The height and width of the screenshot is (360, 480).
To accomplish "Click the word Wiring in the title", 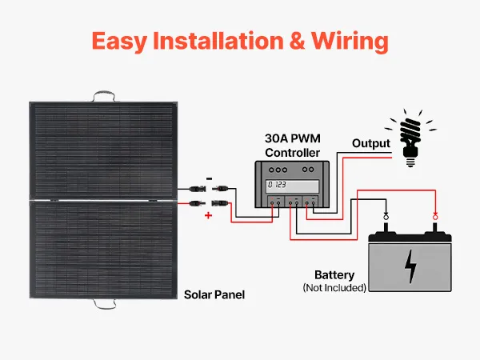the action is click(350, 42).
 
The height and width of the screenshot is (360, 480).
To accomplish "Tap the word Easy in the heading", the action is click(119, 42).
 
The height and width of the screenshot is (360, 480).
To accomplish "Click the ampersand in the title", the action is click(297, 41).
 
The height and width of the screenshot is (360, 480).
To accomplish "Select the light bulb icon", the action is click(410, 138).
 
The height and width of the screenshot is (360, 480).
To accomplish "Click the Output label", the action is click(371, 143).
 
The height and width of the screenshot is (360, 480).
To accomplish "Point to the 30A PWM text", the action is click(293, 138).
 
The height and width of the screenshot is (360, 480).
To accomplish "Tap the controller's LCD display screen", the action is click(292, 186).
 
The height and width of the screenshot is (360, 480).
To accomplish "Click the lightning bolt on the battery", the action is click(410, 266).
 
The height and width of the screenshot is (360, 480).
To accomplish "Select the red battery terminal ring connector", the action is click(435, 217).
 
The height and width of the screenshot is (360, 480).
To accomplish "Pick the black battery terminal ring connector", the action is click(386, 217).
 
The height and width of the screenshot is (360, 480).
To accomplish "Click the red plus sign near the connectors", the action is click(208, 215).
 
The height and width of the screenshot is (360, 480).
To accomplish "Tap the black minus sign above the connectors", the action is click(209, 178).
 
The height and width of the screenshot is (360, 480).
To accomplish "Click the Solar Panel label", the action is click(214, 294).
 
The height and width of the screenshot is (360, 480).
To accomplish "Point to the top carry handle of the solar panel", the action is click(104, 93).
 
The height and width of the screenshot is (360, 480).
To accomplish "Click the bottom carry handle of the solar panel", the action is click(104, 306).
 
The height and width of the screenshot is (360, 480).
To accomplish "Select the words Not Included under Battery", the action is click(334, 288).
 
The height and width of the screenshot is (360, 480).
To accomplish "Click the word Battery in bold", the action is click(334, 275).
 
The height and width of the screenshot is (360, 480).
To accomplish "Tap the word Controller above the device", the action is click(292, 153).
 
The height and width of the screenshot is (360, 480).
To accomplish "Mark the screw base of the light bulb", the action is click(410, 162).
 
